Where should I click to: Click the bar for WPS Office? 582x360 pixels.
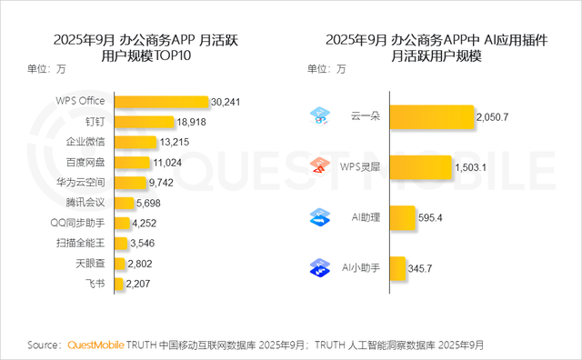tap(159, 101)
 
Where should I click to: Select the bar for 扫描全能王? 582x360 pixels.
tap(119, 243)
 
